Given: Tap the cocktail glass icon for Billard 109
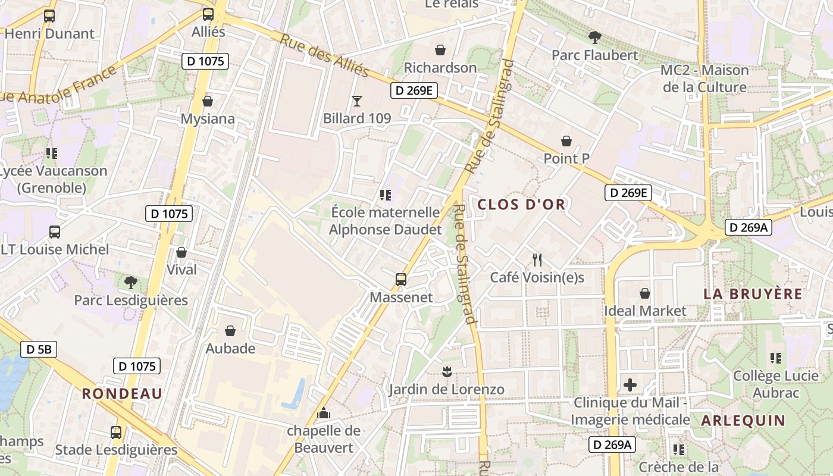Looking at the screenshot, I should (x=357, y=101).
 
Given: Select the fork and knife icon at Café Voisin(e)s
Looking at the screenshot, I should (x=537, y=260).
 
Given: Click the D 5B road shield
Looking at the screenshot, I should (x=39, y=349).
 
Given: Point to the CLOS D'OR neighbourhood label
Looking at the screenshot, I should (x=521, y=205).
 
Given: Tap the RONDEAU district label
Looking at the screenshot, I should (x=122, y=393).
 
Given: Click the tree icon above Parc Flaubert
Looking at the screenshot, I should (x=594, y=38).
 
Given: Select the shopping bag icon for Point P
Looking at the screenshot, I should (x=566, y=141).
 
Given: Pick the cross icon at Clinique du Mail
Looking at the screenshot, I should (x=630, y=386).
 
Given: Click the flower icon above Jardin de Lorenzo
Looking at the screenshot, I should (x=446, y=372).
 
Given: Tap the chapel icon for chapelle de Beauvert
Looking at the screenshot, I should (x=324, y=412).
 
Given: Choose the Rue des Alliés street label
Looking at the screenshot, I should (x=324, y=55).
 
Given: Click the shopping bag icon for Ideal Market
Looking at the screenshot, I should (x=645, y=293).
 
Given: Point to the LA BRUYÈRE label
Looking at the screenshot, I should (x=753, y=294).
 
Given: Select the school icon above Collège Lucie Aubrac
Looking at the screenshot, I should (x=776, y=358).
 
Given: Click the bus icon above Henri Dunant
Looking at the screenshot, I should (x=49, y=16).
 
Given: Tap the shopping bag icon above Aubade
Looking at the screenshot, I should (x=230, y=331).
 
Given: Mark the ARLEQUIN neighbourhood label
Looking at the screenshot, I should (x=743, y=421).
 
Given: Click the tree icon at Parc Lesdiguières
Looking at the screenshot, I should (x=131, y=283).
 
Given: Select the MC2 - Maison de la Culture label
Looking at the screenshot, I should (x=704, y=79).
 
